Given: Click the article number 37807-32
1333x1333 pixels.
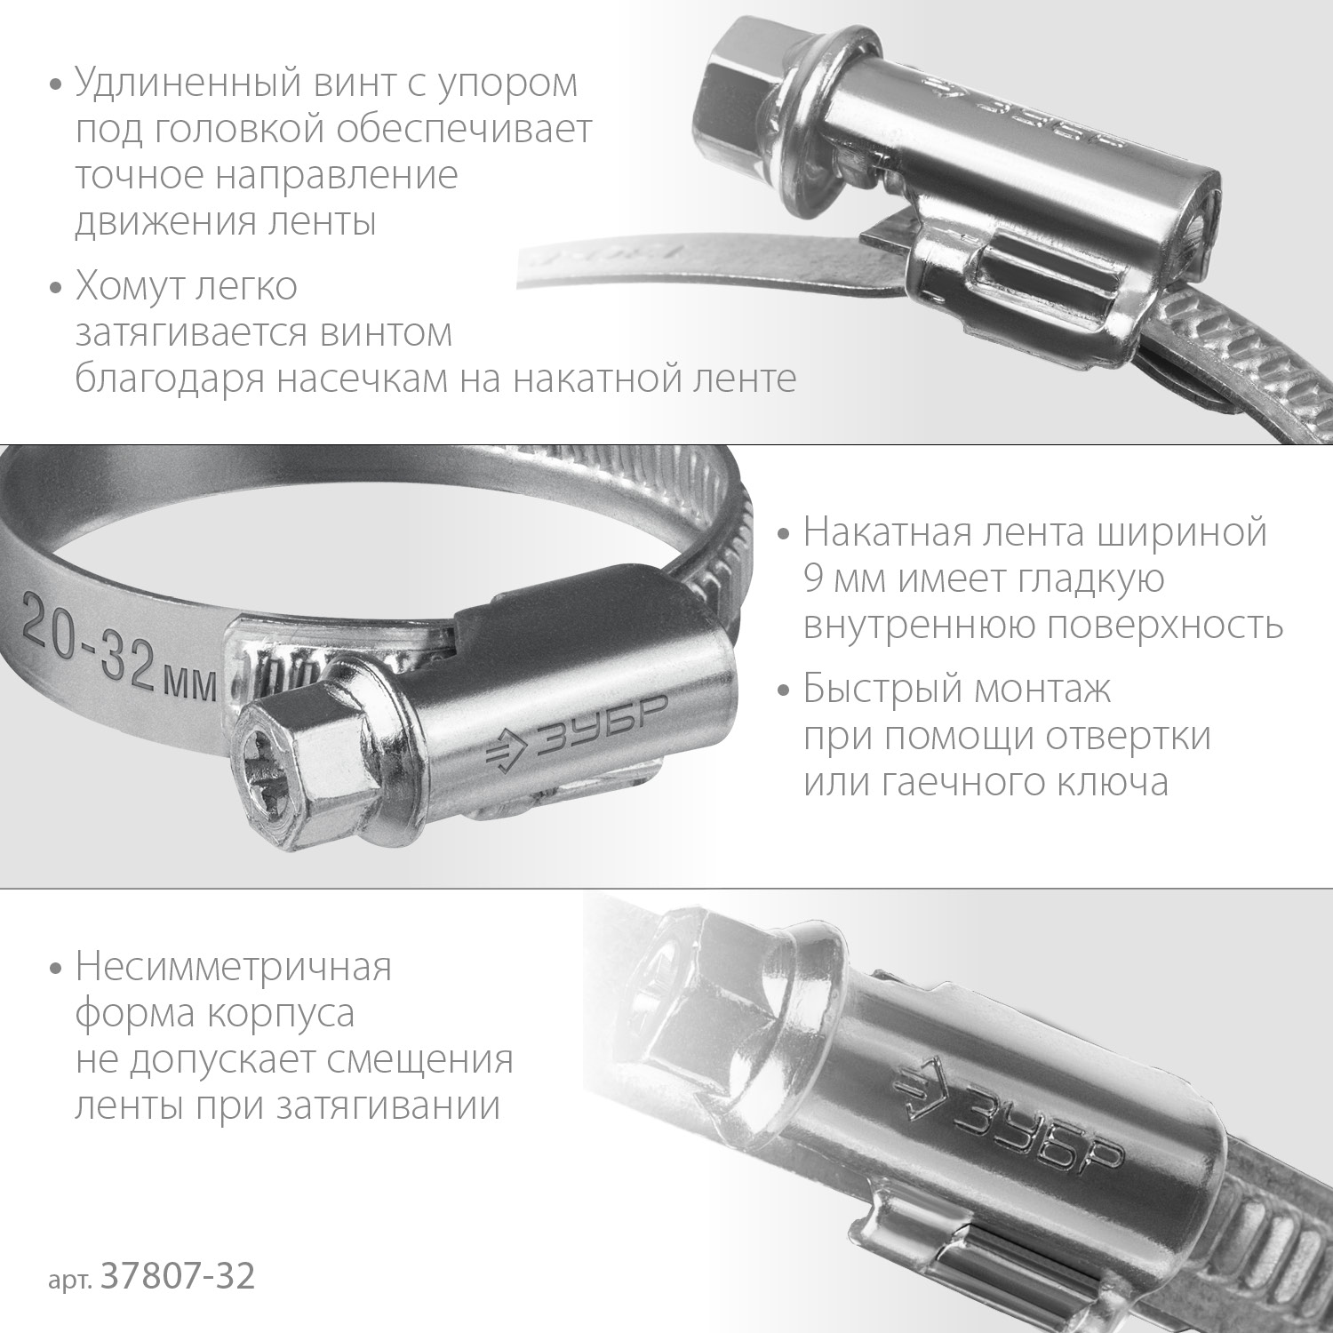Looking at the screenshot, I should click(179, 1276).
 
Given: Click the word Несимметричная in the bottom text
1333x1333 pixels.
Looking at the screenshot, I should click(233, 967).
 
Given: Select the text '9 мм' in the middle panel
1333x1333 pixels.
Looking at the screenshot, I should click(846, 579).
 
